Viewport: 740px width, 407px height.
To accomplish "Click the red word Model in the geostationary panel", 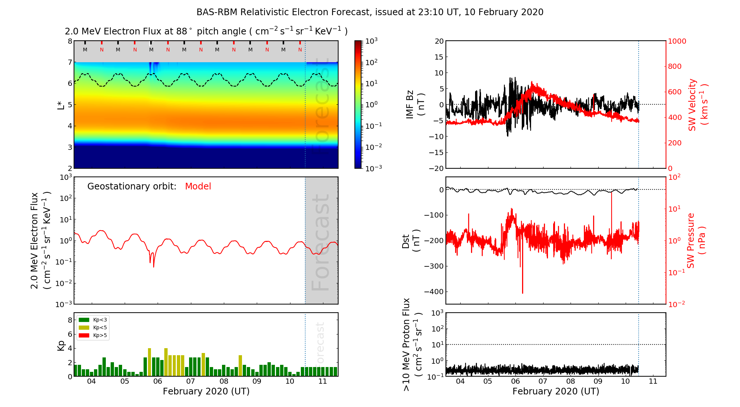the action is pos(198,186).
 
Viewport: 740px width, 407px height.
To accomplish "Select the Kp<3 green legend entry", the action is pos(93,320).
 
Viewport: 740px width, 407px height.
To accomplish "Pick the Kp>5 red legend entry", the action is pos(93,336).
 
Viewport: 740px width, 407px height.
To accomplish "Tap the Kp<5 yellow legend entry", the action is pos(93,327).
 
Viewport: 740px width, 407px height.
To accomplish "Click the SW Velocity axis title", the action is pos(698,105).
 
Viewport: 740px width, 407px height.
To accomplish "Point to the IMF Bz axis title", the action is pos(415,104).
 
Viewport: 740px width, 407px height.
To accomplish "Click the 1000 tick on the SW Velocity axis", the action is pos(677,41).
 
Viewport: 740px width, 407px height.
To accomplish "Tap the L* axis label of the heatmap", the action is pos(61,104).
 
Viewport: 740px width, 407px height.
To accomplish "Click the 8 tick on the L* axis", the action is pos(70,41).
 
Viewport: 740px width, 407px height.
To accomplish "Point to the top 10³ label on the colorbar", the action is pos(371,40).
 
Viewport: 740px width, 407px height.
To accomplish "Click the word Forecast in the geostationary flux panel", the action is pos(320,242).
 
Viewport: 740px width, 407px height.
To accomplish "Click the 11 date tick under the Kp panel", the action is pos(323,381).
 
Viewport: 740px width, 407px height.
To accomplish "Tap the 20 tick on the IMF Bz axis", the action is pos(439,41).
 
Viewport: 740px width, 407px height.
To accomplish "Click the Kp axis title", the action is pos(61,346).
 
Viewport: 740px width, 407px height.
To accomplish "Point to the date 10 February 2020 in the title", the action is pos(504,12).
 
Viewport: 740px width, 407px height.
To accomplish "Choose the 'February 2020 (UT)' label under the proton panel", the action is pos(556,391).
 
